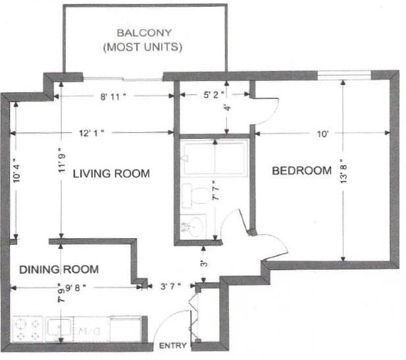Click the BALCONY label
tap(144, 33)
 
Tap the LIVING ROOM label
tap(111, 174)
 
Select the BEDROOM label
tap(302, 170)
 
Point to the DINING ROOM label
tap(59, 270)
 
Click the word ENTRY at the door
tap(172, 346)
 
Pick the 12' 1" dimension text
tap(91, 133)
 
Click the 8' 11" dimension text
tap(113, 97)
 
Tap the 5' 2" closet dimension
tap(213, 95)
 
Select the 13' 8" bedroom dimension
tap(343, 172)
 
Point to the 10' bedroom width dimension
tap(323, 134)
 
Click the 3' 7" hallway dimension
tap(170, 286)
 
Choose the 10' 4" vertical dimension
tap(16, 170)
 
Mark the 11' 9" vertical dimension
tap(61, 161)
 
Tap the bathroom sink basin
tap(193, 226)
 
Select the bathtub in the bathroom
tap(214, 158)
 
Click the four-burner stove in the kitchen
tap(28, 329)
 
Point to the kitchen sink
tap(59, 327)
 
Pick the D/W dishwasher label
tap(88, 331)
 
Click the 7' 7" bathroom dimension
tap(215, 190)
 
